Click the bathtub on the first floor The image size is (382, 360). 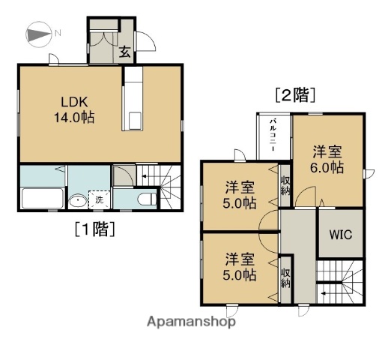click(41, 199)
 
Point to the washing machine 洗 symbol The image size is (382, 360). click(97, 200)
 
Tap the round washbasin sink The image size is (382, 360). click(76, 200)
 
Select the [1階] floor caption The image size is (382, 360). click(94, 229)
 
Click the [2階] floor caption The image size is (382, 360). click(294, 94)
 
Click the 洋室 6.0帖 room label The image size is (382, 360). click(328, 158)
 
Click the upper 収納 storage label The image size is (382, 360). click(286, 184)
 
